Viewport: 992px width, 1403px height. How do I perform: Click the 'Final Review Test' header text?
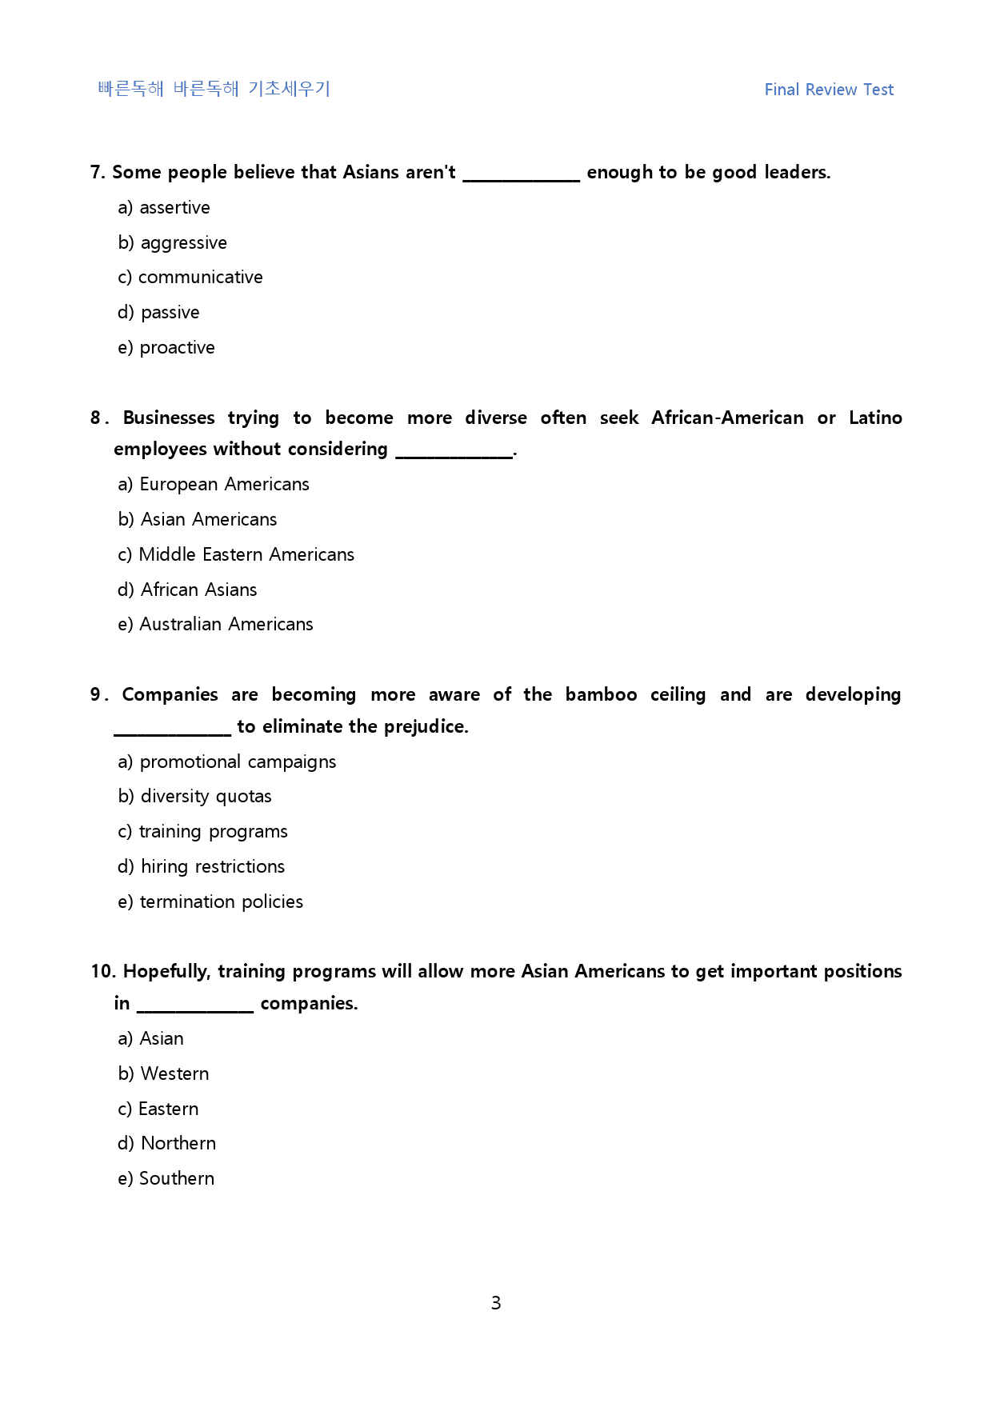tap(829, 90)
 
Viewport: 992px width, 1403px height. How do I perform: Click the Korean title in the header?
tap(214, 89)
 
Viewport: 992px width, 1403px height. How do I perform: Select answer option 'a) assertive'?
tap(164, 208)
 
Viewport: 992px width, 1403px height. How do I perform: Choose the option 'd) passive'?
tap(158, 313)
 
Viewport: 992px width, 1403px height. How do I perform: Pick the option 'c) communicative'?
tap(190, 278)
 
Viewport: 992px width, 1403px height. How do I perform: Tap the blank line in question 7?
tap(521, 178)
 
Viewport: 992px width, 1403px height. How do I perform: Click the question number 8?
tap(96, 418)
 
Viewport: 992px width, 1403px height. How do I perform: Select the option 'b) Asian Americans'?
tap(198, 520)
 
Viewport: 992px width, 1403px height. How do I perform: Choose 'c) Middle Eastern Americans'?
tap(236, 555)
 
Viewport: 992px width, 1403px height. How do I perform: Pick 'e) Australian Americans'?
tap(215, 625)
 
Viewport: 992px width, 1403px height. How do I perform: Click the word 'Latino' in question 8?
tap(875, 418)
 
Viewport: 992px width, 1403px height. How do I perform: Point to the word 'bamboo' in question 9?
tap(601, 695)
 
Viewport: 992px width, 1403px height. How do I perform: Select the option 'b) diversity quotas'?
tap(194, 797)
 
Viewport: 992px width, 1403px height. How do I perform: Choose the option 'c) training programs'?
tap(202, 832)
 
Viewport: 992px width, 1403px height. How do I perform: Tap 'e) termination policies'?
tap(210, 902)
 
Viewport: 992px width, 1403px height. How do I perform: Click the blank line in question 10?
tap(195, 1009)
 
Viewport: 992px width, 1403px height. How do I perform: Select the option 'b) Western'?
tap(163, 1074)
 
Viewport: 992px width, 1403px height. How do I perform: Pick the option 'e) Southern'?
tap(166, 1179)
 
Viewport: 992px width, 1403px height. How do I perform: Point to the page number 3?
tap(496, 1303)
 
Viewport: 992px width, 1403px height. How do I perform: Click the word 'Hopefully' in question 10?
tap(166, 972)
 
